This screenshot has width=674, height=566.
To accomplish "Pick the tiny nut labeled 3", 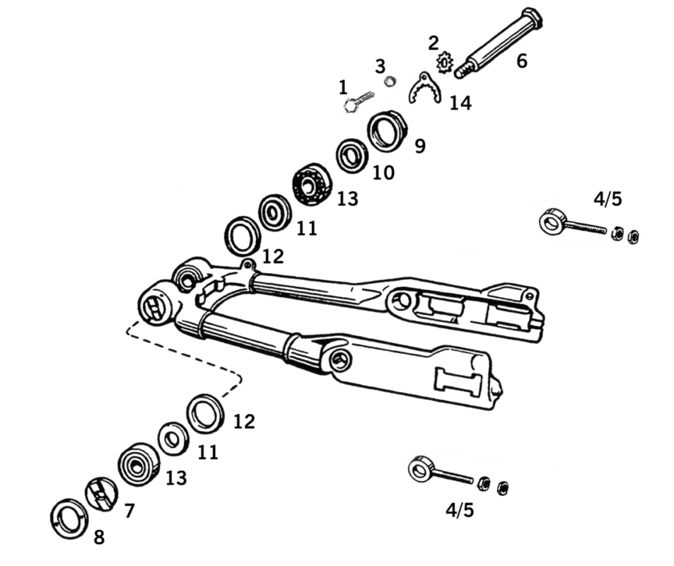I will pyautogui.click(x=388, y=81).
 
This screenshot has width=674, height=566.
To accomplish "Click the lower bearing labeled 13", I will pyautogui.click(x=139, y=464).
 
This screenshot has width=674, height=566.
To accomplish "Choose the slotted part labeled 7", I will pyautogui.click(x=101, y=493).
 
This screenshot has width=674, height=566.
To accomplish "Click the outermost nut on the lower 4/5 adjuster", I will pyautogui.click(x=503, y=487).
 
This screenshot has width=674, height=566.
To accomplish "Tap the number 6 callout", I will pyautogui.click(x=522, y=61).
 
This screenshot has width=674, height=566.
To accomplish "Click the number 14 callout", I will pyautogui.click(x=460, y=103).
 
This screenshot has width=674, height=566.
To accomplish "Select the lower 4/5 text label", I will pyautogui.click(x=460, y=509).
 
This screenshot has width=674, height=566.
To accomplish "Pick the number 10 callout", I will pyautogui.click(x=383, y=173).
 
